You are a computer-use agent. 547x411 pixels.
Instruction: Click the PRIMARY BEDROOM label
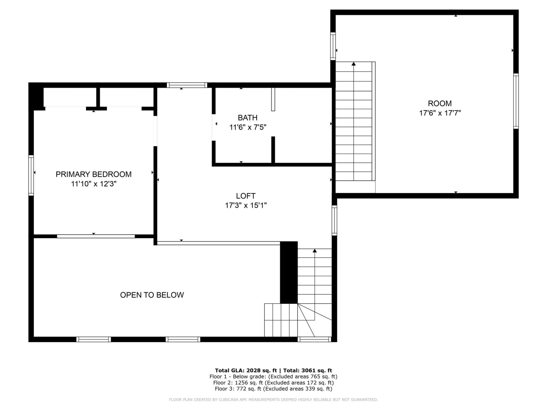click(93, 174)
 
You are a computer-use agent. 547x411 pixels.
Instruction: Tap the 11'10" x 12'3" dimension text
click(93, 184)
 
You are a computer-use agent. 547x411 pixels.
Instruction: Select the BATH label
click(248, 118)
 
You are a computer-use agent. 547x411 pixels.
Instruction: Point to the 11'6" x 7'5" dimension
click(248, 127)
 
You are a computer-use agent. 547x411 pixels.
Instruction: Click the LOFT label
click(246, 196)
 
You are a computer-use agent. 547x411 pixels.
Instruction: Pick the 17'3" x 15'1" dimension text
click(246, 205)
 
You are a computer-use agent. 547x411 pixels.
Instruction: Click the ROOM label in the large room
click(440, 103)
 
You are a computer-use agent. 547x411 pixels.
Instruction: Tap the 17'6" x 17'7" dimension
click(440, 113)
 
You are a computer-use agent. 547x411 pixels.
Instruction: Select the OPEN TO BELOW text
click(152, 295)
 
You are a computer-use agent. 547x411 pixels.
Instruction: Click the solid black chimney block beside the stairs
click(289, 272)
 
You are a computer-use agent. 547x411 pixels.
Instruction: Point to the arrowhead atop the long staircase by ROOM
click(354, 64)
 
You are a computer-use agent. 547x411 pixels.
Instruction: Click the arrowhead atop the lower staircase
click(315, 251)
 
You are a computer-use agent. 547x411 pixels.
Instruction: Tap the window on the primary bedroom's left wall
click(31, 175)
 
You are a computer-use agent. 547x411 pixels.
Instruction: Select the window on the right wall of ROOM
click(516, 101)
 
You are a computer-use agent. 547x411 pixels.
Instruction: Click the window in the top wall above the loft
click(187, 85)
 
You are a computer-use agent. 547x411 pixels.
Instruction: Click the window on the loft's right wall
click(334, 220)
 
